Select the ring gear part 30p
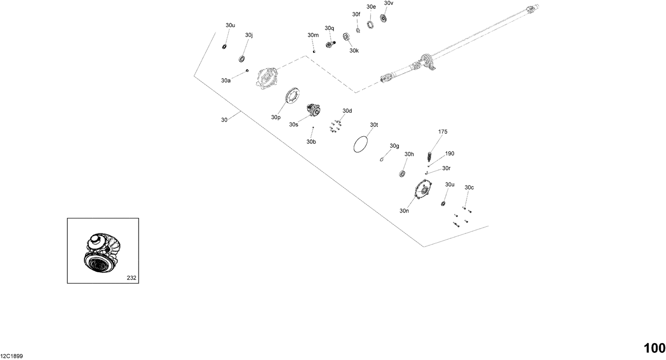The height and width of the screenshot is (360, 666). tap(292, 96)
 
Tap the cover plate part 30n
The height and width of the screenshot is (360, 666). tap(423, 192)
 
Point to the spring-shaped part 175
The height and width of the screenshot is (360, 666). tap(429, 157)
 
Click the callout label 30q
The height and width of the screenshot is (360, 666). tap(329, 28)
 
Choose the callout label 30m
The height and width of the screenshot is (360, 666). tap(313, 35)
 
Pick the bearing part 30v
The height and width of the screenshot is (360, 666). tap(384, 18)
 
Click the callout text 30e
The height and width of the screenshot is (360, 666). tap(371, 7)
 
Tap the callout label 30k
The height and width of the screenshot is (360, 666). tap(354, 51)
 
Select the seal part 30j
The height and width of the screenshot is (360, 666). tap(242, 58)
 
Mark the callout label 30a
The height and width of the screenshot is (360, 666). tap(226, 81)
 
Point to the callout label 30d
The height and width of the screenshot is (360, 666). tap(347, 111)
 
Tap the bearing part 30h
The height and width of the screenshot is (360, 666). tap(403, 173)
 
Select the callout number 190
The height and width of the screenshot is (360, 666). tap(449, 154)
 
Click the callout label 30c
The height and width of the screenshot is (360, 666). tap(469, 188)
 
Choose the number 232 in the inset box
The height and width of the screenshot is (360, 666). tap(131, 278)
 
